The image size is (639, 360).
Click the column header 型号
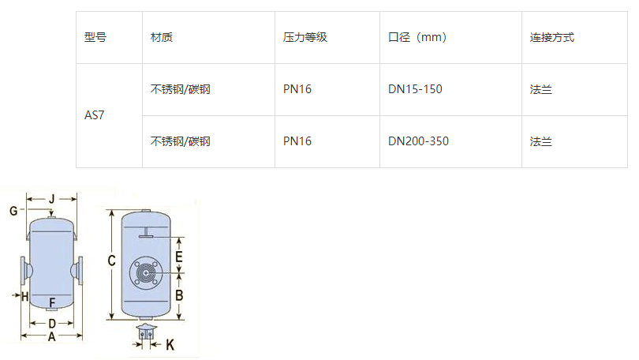coord(95,37)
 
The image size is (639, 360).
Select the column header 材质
coord(162,37)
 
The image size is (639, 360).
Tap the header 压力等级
coord(305,37)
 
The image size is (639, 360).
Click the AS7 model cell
coord(95,115)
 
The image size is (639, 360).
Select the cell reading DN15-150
coord(415,89)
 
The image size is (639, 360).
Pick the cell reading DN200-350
coord(418,141)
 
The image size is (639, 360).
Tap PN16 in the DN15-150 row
coord(297,89)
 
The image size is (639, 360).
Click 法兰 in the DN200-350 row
coord(540,141)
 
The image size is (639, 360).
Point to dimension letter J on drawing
coord(51,198)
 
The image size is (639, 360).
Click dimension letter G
coord(13,211)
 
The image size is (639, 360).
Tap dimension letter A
coord(51,336)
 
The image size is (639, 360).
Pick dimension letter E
coord(179,257)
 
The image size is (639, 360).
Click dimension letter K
coord(170,345)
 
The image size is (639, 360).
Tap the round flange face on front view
coord(146,273)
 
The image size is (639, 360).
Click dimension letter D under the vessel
coord(51,324)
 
